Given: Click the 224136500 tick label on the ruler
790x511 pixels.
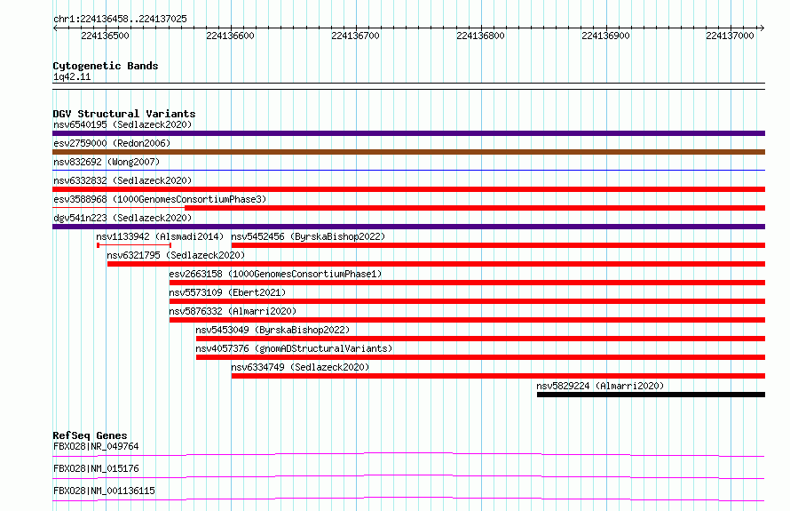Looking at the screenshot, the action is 105,36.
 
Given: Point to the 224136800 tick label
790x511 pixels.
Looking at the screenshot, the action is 480,36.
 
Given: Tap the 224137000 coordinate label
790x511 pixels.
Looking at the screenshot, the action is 730,36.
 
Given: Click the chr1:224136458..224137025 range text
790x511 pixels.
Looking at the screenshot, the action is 120,19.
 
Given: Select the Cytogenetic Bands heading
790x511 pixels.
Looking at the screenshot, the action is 106,66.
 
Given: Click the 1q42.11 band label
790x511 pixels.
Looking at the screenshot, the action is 72,76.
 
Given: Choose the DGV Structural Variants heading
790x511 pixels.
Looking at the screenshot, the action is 124,114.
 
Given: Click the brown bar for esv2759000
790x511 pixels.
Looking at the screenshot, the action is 408,152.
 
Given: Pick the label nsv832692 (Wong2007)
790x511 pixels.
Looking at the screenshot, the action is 107,162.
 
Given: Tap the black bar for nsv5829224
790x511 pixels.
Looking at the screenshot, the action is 651,395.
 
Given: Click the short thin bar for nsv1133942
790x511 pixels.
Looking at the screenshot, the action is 134,245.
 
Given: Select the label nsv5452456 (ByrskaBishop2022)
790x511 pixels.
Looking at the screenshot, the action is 308,236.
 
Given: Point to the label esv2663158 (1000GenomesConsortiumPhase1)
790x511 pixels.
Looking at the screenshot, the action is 275,274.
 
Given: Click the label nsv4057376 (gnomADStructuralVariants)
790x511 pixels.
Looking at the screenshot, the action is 294,348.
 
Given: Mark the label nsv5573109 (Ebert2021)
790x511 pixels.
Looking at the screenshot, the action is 227,292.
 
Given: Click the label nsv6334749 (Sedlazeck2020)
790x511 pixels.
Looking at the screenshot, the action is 300,367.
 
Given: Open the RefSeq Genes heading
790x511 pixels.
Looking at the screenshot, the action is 90,435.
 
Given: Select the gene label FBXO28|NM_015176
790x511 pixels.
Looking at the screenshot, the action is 96,468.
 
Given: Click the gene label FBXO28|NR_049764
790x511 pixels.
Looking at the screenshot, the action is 96,446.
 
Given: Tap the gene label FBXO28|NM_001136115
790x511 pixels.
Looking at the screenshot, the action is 104,491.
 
